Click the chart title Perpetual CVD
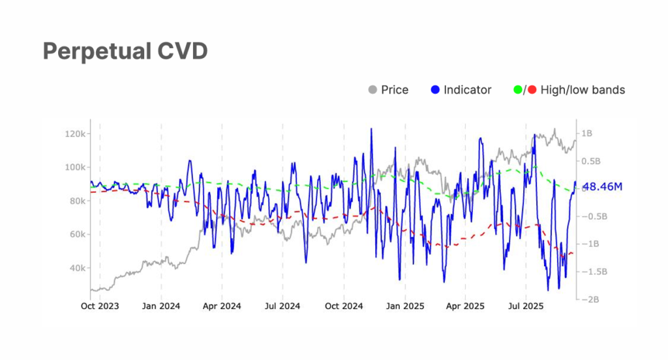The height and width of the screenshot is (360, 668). [x=125, y=52]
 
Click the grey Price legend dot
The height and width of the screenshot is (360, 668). [x=373, y=90]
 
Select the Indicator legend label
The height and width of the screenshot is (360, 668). [x=467, y=90]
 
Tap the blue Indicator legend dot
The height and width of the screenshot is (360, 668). [x=436, y=90]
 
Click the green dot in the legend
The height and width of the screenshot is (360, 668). [x=519, y=90]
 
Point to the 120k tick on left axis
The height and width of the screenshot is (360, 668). [x=76, y=134]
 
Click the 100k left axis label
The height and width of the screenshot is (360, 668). [x=76, y=167]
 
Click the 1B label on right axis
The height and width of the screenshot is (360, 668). [x=586, y=133]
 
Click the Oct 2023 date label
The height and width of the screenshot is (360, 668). [x=100, y=305]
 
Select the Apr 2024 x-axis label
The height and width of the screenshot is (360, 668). [x=222, y=305]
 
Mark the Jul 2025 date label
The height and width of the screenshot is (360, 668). [x=526, y=305]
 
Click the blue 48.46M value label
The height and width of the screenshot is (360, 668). [x=602, y=187]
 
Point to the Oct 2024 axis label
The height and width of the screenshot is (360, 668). [x=344, y=305]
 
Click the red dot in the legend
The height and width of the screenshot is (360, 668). [x=532, y=90]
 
